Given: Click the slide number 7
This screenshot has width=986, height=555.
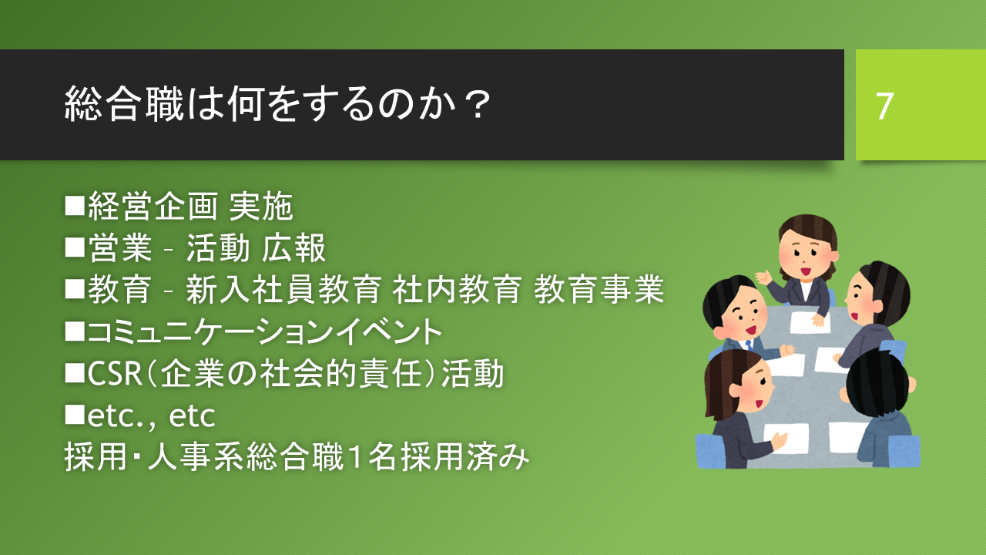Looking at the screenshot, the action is click(885, 106).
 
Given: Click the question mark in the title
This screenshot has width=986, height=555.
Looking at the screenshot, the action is click(479, 105).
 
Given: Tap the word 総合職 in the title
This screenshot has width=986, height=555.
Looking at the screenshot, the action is click(124, 104).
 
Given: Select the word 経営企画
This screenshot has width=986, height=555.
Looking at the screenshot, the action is click(153, 206).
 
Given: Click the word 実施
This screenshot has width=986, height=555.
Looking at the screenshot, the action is click(261, 206).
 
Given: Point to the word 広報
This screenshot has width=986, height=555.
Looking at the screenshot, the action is click(293, 248).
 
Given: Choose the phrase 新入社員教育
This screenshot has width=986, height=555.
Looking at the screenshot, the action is click(283, 289).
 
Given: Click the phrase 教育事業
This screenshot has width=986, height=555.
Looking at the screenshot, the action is click(599, 289).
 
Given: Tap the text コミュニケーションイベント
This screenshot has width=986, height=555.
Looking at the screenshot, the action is click(264, 331).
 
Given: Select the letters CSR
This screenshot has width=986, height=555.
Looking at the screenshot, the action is click(115, 374).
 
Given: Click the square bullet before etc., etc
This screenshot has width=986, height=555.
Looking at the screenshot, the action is click(75, 415).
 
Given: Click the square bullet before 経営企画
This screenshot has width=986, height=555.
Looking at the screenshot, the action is click(75, 206).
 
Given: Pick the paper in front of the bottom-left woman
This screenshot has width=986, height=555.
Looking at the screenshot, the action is click(786, 438).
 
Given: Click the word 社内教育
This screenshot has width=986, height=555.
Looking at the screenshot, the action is click(457, 289).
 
